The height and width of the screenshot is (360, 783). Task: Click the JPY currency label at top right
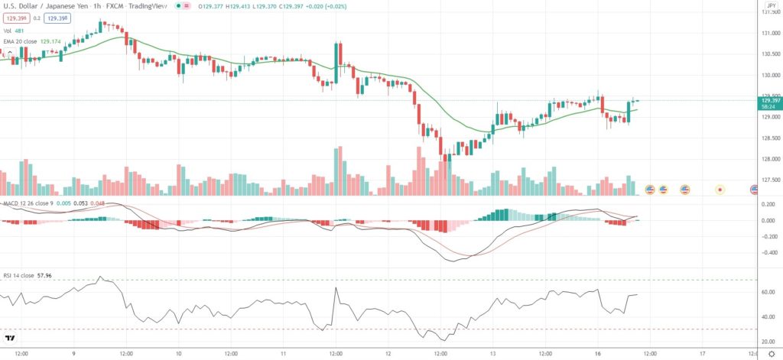point(771,5)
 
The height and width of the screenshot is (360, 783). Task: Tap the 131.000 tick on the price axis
point(767,34)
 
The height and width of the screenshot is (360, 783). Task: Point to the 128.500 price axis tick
point(767,138)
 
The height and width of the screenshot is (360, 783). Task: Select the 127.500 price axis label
point(767,181)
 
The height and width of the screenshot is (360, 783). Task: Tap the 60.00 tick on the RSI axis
point(765,292)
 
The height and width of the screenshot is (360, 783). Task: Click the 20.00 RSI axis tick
point(765,341)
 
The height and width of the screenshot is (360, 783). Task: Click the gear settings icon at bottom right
point(770,354)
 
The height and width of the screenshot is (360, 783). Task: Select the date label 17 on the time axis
point(702,353)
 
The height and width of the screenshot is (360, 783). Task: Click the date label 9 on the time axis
point(73,353)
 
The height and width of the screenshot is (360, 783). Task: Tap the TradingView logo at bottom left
point(11,338)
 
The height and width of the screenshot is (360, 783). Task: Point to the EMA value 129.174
point(49,41)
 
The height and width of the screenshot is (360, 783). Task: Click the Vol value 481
point(20,31)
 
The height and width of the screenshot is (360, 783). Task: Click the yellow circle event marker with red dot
point(720,189)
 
